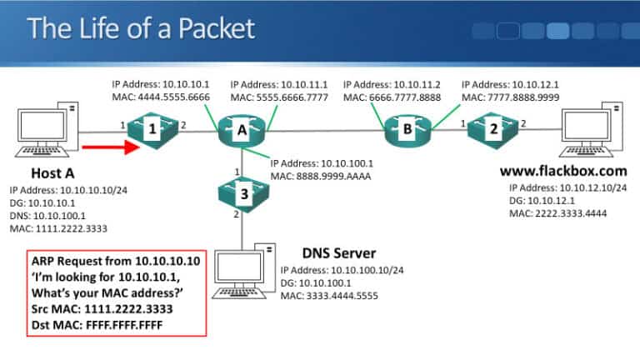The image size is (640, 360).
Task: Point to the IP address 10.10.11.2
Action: click(395, 84)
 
